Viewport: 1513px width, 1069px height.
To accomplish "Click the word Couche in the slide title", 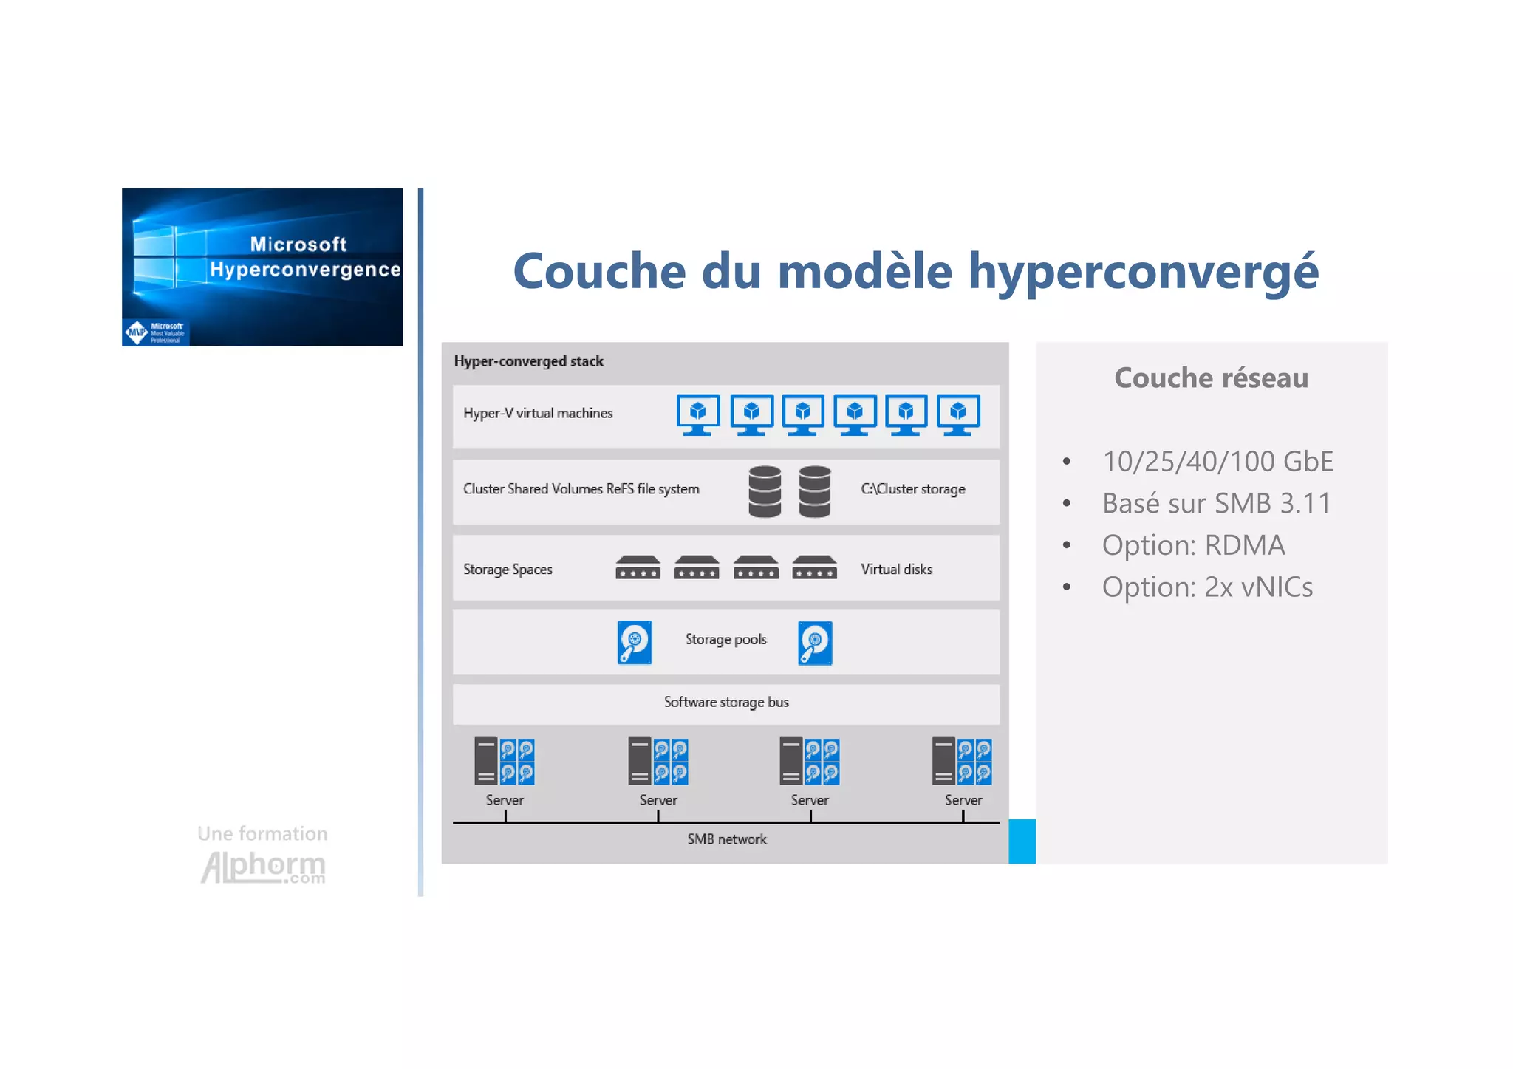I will coord(599,271).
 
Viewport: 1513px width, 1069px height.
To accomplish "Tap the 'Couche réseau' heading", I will coord(1211,378).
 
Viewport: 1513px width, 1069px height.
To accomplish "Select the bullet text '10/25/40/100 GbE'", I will coord(1217,462).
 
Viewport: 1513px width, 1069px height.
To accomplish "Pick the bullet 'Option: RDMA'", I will coord(1193,545).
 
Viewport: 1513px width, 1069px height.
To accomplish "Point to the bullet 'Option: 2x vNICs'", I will coord(1207,587).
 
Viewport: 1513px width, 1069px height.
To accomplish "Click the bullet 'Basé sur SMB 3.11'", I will coord(1216,504).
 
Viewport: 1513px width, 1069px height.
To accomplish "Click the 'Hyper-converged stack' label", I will coord(528,361).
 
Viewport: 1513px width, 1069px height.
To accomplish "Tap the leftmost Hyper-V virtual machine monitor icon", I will coord(697,414).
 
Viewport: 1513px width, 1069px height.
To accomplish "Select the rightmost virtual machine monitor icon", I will coord(958,414).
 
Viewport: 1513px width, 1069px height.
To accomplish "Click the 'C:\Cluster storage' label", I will coord(912,489).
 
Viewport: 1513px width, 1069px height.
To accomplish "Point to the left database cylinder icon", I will coord(765,491).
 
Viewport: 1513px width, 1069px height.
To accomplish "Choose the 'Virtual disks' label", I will coord(896,570).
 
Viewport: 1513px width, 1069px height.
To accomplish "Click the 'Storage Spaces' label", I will coord(508,570).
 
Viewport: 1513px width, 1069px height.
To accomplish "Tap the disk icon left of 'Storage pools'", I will coord(635,643).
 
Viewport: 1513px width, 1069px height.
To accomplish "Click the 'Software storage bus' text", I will coord(726,703).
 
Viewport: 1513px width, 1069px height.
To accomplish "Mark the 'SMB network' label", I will coord(727,839).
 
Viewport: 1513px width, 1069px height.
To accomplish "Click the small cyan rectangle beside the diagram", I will coord(1022,841).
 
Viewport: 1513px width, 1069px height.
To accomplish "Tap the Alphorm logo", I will coord(263,866).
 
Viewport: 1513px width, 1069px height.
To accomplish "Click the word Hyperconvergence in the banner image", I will coord(305,270).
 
